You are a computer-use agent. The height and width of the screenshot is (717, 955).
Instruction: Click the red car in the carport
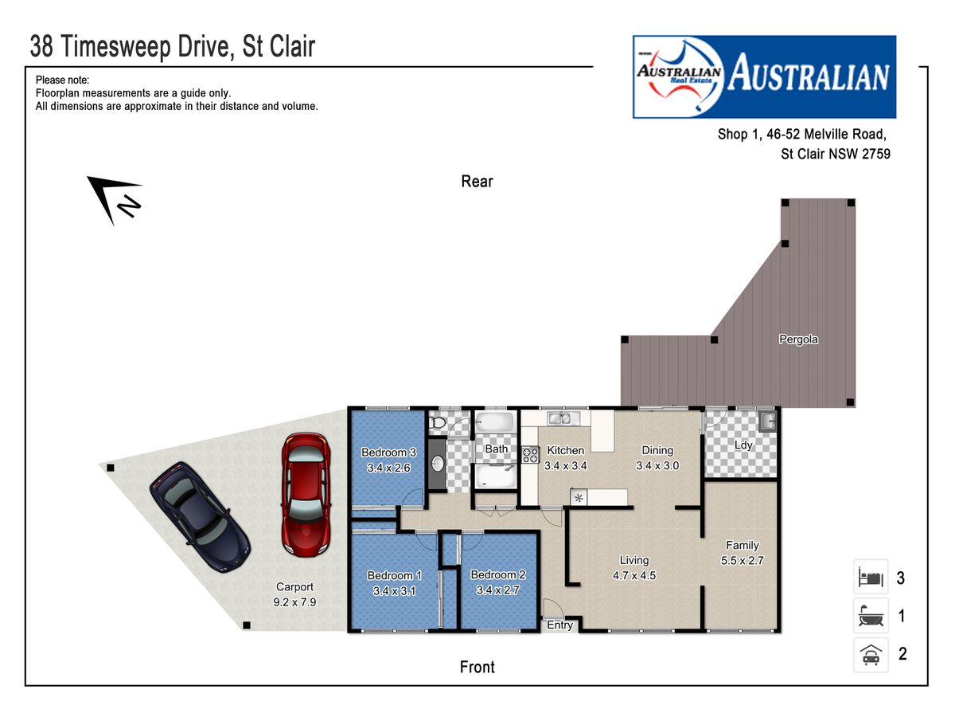click(306, 495)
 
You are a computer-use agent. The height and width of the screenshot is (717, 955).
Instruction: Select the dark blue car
click(200, 517)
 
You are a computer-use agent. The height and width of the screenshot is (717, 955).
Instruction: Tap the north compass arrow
click(114, 199)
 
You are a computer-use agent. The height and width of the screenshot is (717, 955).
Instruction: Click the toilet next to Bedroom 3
click(436, 422)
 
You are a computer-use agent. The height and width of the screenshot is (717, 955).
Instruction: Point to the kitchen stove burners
click(530, 455)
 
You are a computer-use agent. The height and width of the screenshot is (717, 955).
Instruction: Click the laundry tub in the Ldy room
click(768, 421)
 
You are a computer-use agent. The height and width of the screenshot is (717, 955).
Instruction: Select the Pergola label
click(798, 339)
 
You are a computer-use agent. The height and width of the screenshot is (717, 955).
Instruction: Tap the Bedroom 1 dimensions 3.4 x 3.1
click(394, 591)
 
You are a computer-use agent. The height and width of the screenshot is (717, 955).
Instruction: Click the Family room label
click(743, 545)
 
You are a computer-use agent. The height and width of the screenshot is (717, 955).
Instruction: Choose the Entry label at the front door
click(559, 625)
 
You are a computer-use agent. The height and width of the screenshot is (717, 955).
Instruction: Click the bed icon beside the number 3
click(871, 577)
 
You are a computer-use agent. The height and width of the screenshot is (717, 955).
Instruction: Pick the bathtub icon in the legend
click(871, 615)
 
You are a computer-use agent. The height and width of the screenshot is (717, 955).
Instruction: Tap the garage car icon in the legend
click(871, 654)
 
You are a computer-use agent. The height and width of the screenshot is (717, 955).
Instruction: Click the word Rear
click(477, 181)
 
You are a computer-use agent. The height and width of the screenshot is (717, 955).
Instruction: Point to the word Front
click(477, 667)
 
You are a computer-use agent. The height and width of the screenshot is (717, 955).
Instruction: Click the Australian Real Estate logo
click(765, 76)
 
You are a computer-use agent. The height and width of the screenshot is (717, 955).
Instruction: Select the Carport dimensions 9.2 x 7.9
click(294, 602)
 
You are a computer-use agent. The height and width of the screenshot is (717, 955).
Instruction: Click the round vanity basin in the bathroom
click(439, 464)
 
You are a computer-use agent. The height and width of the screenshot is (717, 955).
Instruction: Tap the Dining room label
click(657, 450)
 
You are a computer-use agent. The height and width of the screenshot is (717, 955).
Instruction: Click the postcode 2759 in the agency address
click(876, 154)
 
